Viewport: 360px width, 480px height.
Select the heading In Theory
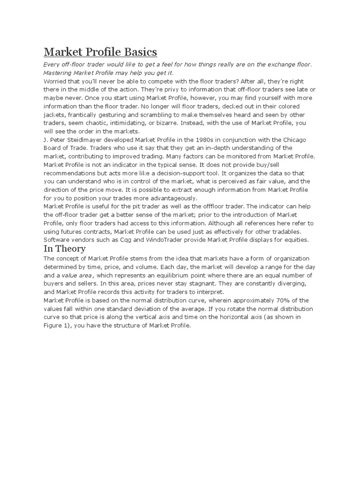(64, 248)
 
